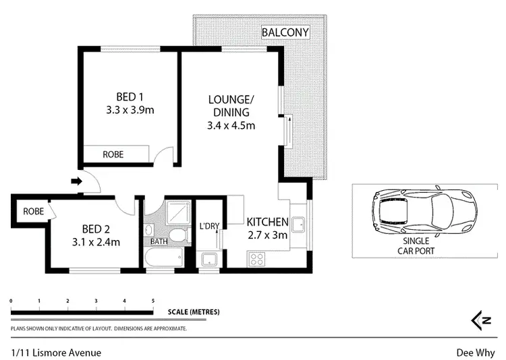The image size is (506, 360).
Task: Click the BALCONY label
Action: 286,32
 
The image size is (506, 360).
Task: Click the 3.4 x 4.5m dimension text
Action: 231,125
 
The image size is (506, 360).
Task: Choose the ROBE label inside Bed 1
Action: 113,154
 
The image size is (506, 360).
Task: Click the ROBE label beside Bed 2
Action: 34,211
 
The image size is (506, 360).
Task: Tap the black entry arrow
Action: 76,181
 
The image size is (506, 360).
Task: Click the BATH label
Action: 159,241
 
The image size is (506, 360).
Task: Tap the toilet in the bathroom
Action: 176,235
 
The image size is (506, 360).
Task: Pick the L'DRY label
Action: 210,227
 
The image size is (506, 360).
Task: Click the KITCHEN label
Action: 267,222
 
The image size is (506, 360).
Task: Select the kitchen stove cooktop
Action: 257,258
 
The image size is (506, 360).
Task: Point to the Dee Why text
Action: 475,352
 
